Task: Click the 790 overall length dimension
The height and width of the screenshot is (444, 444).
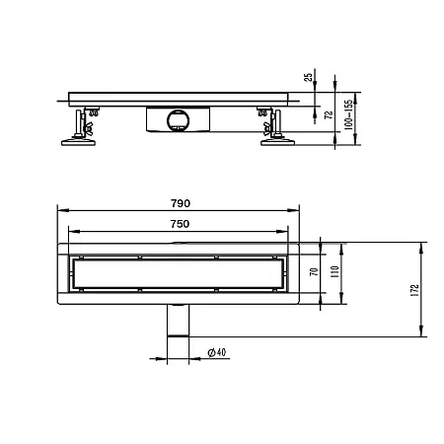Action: coord(179,202)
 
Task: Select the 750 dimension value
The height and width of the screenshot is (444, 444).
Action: coord(179,225)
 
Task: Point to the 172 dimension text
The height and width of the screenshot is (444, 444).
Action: coord(415,290)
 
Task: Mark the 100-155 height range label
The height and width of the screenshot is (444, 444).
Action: coord(347,116)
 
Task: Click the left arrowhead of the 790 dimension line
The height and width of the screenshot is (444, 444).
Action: coord(59,209)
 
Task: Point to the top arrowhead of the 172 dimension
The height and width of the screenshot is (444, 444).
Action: coord(423,243)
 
